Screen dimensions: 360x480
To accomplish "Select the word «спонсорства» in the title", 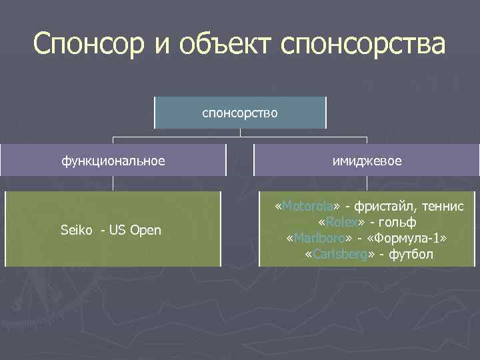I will click(x=363, y=45).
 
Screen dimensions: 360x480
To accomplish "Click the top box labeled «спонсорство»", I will click(x=240, y=113).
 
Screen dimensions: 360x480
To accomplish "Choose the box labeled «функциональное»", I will click(x=113, y=161).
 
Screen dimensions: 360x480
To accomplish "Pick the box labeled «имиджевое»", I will click(x=367, y=161).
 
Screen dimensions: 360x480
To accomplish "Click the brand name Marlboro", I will click(x=319, y=238).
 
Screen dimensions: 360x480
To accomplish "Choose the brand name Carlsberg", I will click(x=338, y=254).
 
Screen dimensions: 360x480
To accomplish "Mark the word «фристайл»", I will click(x=385, y=206).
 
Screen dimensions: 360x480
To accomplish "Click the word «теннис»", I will click(x=442, y=206).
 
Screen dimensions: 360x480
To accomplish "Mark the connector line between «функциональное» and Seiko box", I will click(x=113, y=183).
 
